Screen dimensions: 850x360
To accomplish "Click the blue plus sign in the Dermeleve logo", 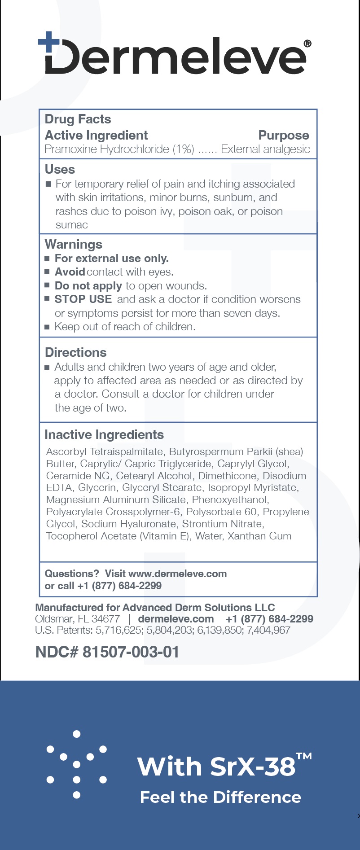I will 48,43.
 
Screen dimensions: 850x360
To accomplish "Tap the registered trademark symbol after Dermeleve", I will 307,44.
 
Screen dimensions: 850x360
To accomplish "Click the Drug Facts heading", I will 78,119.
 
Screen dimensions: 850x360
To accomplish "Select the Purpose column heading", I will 284,136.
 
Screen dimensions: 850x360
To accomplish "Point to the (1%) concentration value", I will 184,149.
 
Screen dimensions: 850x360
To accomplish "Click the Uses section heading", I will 60,170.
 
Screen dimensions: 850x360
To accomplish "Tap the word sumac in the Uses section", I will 72,225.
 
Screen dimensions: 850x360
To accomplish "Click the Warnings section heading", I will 74,245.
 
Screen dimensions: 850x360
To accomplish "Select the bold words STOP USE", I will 83,299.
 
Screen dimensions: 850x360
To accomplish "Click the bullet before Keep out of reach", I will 47,327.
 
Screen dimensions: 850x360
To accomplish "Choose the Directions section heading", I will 76,353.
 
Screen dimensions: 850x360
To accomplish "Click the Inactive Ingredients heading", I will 104,435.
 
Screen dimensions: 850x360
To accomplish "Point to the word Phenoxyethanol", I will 230,500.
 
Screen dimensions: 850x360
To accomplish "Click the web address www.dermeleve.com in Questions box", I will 177,574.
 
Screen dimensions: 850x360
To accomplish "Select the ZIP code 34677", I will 105,619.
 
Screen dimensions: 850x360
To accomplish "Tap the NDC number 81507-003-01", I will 131,652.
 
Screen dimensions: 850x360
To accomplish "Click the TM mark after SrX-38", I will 304,756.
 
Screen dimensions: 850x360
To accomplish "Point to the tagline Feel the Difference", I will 220,797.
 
